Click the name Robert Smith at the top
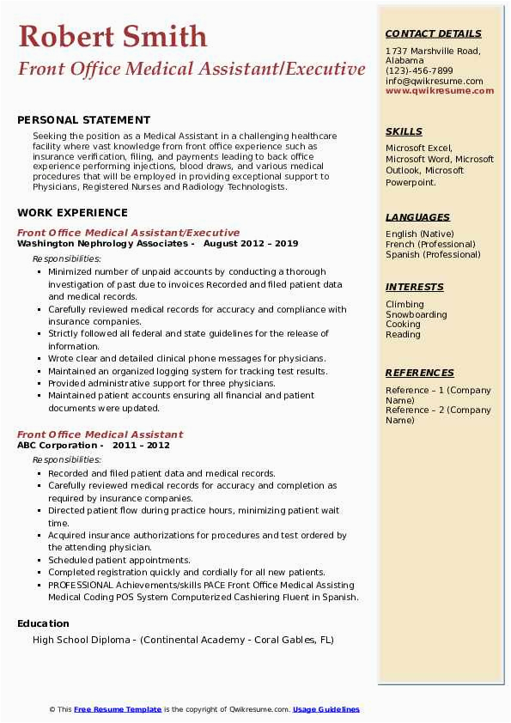113,36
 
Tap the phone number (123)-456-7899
419,71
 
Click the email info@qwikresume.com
434,82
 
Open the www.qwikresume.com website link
439,91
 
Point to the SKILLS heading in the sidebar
404,131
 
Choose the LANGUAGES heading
417,217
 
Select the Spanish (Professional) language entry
433,254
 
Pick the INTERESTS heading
414,287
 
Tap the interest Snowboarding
416,314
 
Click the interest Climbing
405,304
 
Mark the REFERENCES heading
419,373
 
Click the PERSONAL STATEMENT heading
83,120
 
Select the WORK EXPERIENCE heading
72,213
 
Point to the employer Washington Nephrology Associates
105,244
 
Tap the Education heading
43,623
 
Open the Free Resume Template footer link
118,709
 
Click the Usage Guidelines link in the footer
325,709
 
